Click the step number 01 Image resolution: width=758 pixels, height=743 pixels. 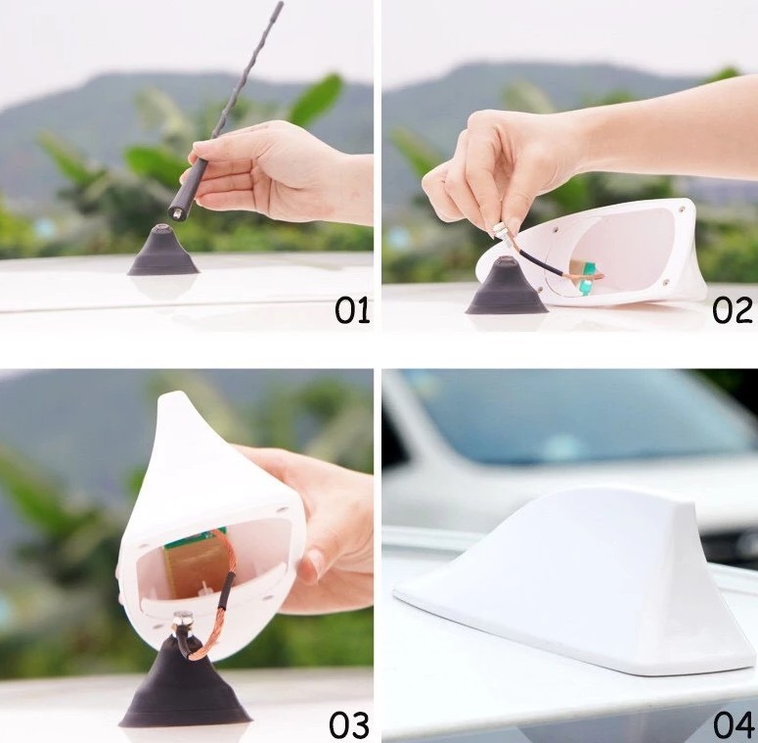[x=352, y=309]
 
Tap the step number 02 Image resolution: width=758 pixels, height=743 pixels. [x=732, y=309]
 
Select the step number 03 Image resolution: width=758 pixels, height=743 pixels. [x=349, y=725]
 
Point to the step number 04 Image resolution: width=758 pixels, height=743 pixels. [x=733, y=725]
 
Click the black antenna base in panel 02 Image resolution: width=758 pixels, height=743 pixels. [x=506, y=287]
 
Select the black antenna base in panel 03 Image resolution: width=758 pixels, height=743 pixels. [x=184, y=683]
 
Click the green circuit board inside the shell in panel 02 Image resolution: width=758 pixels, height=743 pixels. [x=587, y=279]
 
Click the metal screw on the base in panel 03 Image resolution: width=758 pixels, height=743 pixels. [x=183, y=618]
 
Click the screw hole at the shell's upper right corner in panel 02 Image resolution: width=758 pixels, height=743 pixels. [x=681, y=209]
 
